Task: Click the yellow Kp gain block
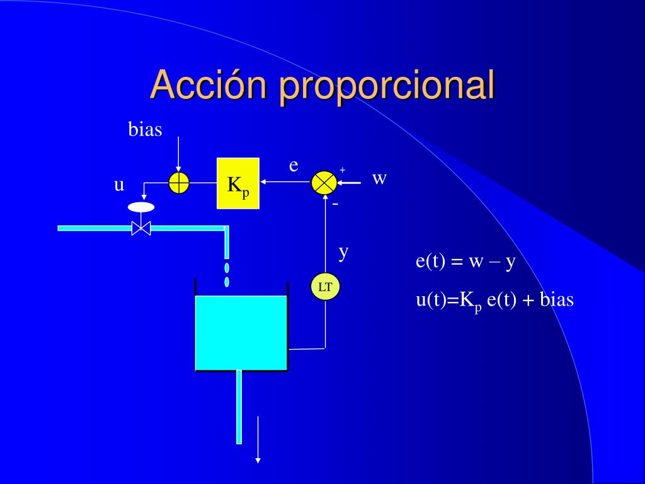pyautogui.click(x=237, y=183)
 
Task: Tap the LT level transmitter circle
pyautogui.click(x=326, y=287)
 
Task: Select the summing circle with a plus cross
pyautogui.click(x=179, y=183)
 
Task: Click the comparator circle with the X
pyautogui.click(x=324, y=183)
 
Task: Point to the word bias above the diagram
pyautogui.click(x=146, y=129)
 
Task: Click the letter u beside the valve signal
pyautogui.click(x=119, y=185)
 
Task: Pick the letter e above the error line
pyautogui.click(x=294, y=166)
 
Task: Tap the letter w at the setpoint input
pyautogui.click(x=379, y=178)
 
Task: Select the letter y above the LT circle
pyautogui.click(x=343, y=252)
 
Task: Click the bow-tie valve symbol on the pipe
pyautogui.click(x=141, y=228)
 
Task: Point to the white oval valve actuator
pyautogui.click(x=141, y=207)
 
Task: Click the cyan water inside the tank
pyautogui.click(x=241, y=333)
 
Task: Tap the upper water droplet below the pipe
pyautogui.click(x=227, y=268)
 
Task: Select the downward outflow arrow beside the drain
pyautogui.click(x=258, y=439)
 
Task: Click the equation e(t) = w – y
pyautogui.click(x=465, y=262)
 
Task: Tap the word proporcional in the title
pyautogui.click(x=387, y=86)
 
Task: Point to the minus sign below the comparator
pyautogui.click(x=335, y=204)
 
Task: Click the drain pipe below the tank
pyautogui.click(x=239, y=407)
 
